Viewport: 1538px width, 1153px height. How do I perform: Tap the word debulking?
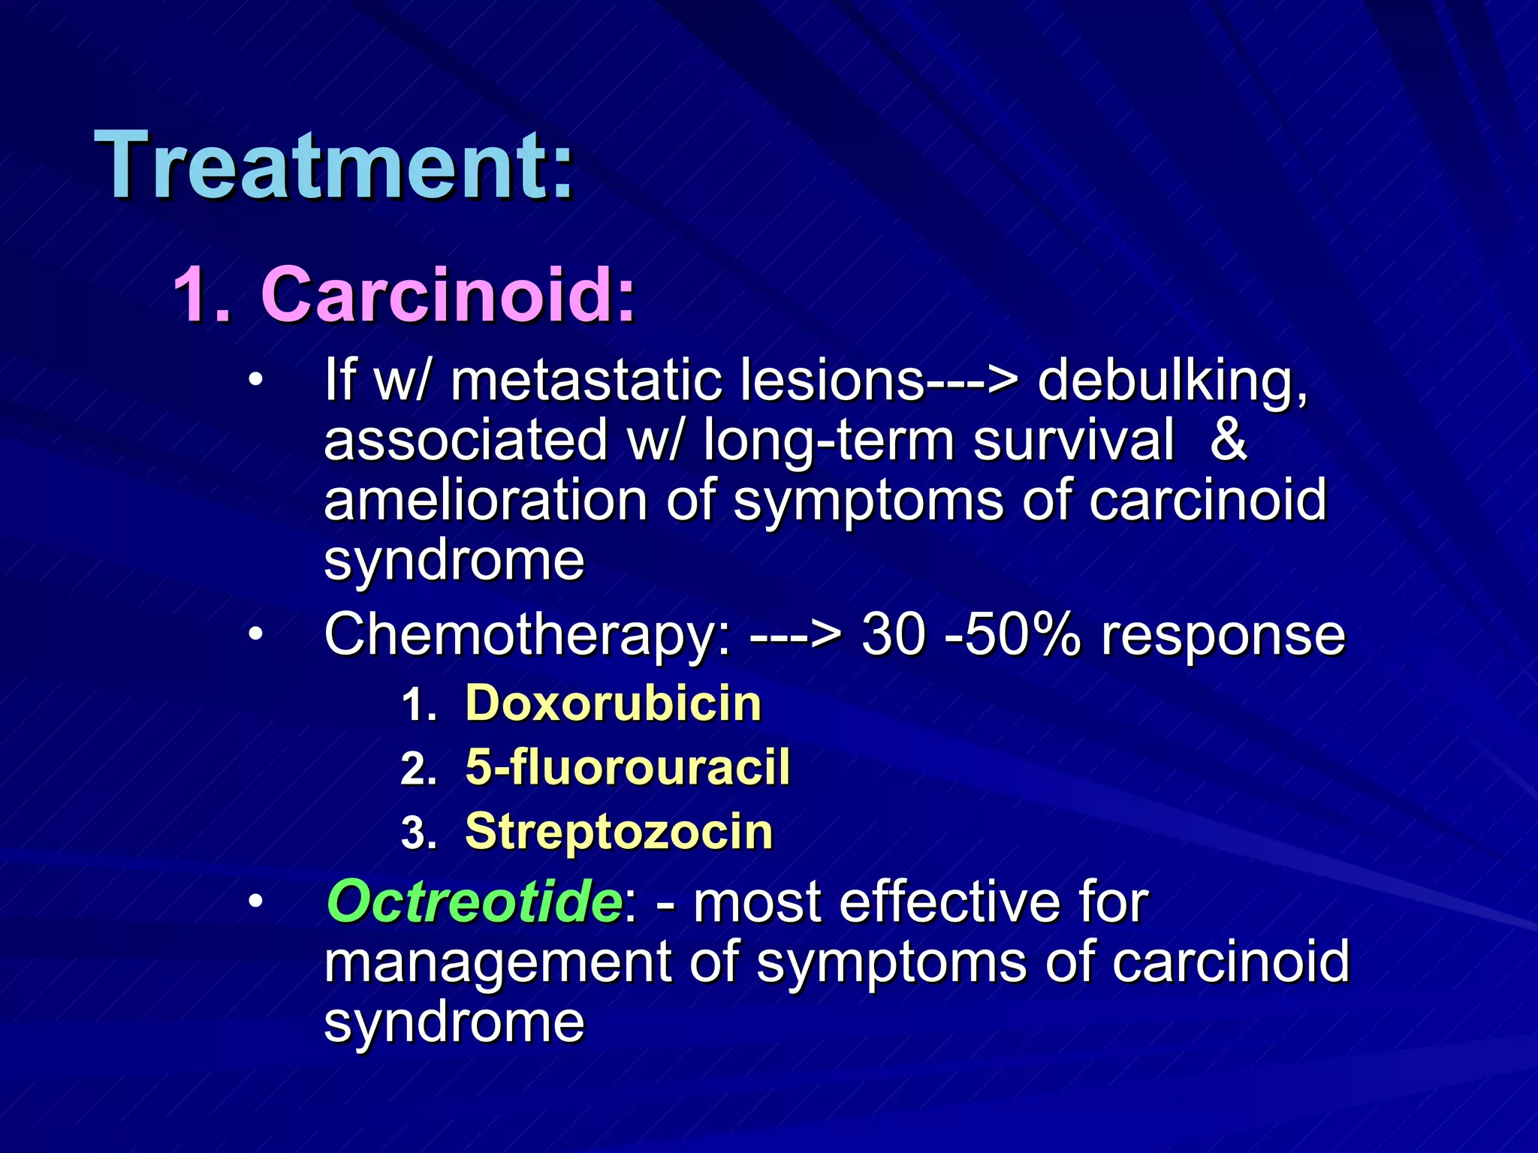pyautogui.click(x=1172, y=381)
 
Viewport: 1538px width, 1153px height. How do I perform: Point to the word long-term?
pyautogui.click(x=828, y=441)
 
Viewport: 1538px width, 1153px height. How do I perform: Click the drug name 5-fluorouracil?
pyautogui.click(x=627, y=767)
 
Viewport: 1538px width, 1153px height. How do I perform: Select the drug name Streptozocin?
pyautogui.click(x=619, y=832)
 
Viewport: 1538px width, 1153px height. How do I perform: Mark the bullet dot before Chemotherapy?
pyautogui.click(x=256, y=635)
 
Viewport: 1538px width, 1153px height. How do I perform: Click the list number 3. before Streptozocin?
pyautogui.click(x=418, y=833)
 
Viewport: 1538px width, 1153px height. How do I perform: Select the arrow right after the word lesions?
pyautogui.click(x=973, y=381)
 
